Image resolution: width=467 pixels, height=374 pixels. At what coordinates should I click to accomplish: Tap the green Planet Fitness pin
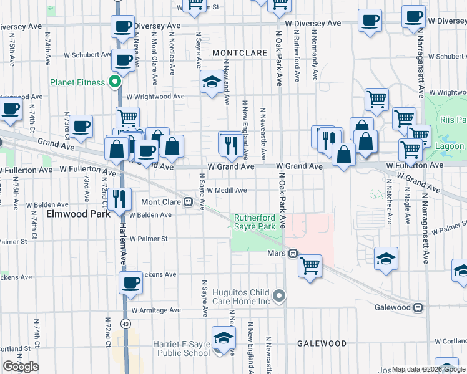[x=115, y=82]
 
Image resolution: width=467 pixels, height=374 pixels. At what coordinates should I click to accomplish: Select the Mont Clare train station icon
[x=187, y=202]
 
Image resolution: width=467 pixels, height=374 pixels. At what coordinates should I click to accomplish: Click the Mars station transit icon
[x=292, y=254]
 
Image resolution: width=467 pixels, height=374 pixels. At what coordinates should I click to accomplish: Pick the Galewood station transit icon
[x=418, y=307]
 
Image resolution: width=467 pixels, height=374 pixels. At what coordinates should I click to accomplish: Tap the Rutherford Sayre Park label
[x=254, y=223]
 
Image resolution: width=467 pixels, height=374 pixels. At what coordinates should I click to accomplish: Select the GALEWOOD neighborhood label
[x=322, y=343]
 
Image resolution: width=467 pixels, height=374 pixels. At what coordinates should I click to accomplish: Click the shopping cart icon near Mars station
[x=310, y=265]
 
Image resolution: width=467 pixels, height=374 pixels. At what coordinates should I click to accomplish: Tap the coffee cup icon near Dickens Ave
[x=130, y=282]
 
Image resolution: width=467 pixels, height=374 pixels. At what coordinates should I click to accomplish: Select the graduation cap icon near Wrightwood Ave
[x=211, y=81]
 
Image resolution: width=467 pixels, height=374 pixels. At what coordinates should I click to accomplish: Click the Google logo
[x=21, y=367]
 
